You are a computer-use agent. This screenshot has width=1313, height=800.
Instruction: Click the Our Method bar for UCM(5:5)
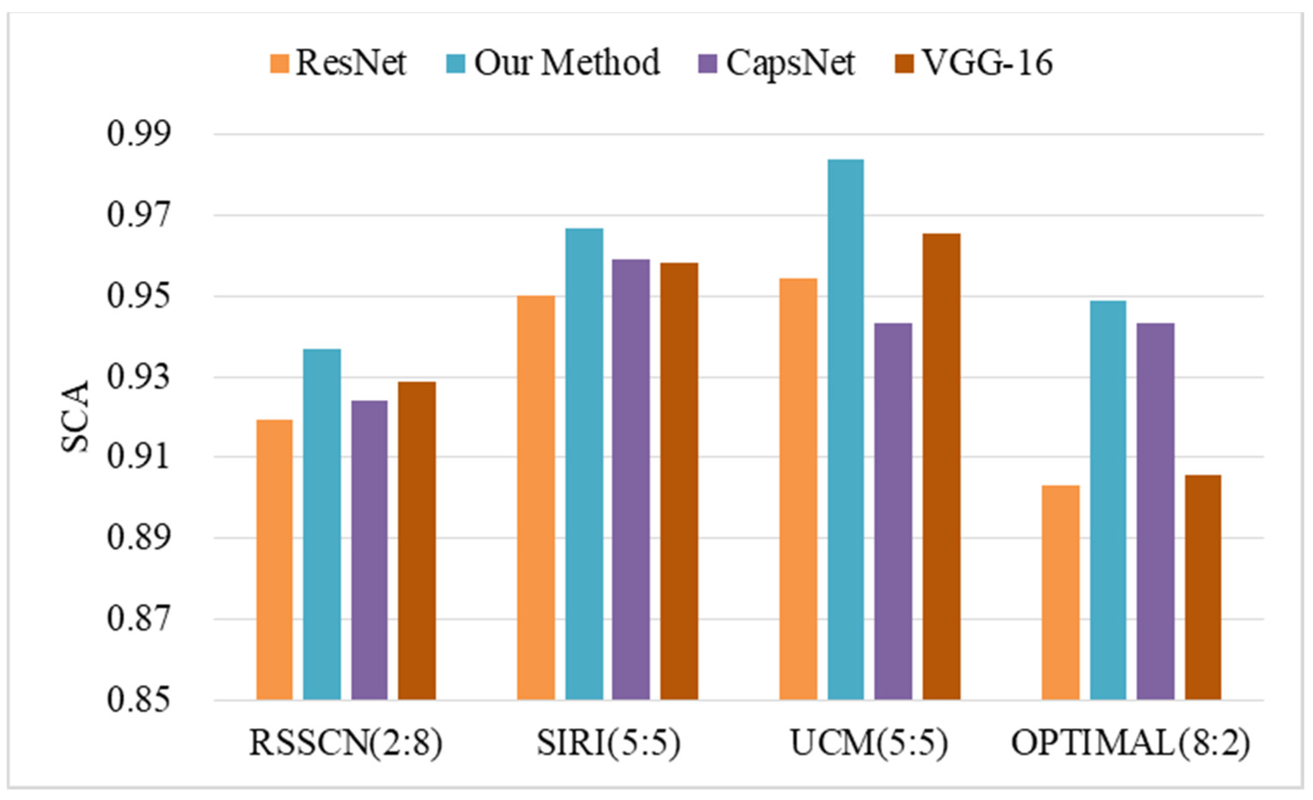[x=846, y=429]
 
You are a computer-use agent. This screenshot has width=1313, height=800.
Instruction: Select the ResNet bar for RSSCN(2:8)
[x=274, y=559]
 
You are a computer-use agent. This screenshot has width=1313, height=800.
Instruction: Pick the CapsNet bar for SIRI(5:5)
[x=631, y=480]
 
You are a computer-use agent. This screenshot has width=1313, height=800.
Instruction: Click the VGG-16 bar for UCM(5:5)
[x=942, y=467]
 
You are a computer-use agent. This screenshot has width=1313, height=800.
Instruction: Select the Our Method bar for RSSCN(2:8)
[x=322, y=524]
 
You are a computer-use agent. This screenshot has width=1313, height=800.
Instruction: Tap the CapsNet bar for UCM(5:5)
[x=893, y=511]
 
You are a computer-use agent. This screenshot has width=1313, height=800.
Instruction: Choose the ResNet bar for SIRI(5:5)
[x=536, y=498]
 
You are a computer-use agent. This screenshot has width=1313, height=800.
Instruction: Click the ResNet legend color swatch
[x=279, y=63]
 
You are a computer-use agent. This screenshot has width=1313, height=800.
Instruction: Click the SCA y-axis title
[x=75, y=417]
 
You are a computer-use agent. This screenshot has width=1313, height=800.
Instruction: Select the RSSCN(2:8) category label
[x=346, y=743]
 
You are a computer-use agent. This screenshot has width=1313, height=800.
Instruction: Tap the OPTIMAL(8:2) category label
[x=1130, y=743]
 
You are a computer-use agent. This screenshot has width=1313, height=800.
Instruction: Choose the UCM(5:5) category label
[x=869, y=743]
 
